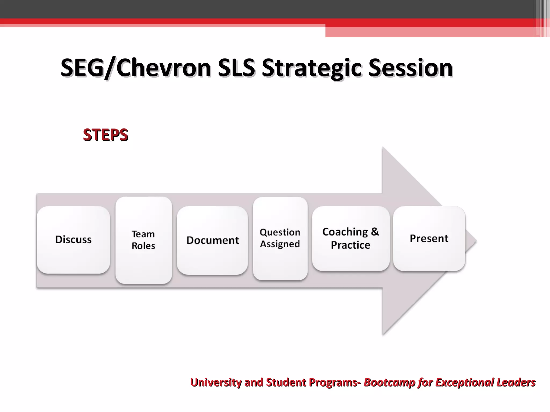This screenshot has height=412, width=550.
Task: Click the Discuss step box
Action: point(73,240)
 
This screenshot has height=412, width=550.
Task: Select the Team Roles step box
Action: point(143,240)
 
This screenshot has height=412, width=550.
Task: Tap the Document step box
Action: point(212,240)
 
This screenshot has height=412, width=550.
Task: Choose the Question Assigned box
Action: point(280,238)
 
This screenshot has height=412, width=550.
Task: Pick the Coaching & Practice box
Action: point(350,238)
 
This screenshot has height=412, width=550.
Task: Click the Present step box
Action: point(429,238)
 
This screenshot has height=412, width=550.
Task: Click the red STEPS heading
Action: point(106,135)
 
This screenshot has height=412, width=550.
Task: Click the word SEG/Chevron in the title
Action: point(136,68)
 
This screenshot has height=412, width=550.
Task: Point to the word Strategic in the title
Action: point(312,68)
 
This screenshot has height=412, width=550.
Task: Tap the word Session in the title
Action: point(411,68)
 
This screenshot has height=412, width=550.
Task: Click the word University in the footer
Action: point(216,382)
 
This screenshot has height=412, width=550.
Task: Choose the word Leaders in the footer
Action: point(516,382)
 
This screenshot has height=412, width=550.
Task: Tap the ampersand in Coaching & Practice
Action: point(375,231)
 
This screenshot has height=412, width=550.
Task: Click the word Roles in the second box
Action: point(143,246)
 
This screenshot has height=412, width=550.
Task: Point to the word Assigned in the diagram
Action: point(280,244)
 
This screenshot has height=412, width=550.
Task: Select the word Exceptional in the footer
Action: point(465,382)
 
